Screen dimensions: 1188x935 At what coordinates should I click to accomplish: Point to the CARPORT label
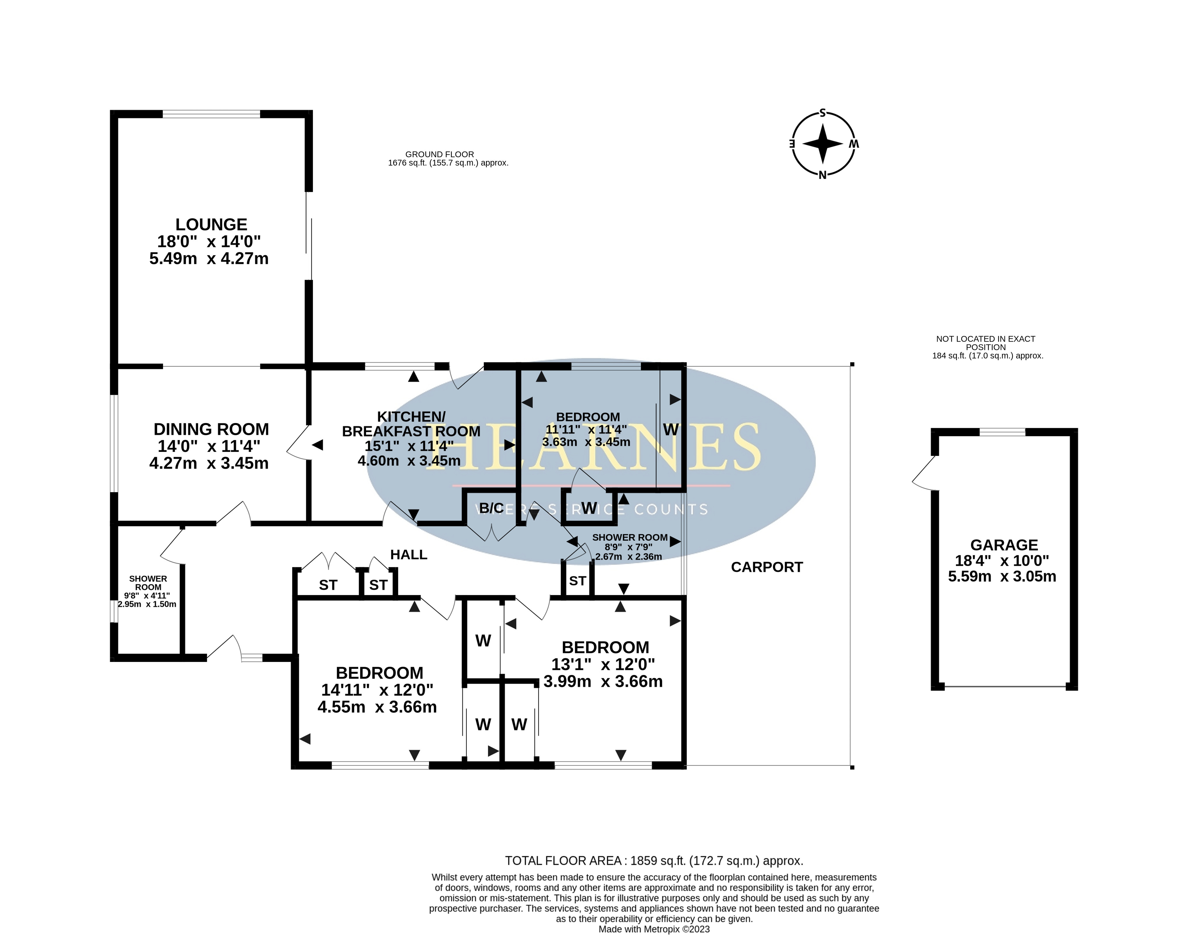pyautogui.click(x=767, y=567)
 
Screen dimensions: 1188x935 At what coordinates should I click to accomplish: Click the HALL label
pyautogui.click(x=409, y=555)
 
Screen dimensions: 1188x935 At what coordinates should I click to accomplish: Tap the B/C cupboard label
pyautogui.click(x=491, y=508)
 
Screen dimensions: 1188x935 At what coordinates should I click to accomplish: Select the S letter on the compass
pyautogui.click(x=822, y=113)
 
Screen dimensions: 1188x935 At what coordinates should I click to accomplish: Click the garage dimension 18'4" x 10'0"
pyautogui.click(x=1002, y=561)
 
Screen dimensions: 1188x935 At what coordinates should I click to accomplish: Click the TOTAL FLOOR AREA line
pyautogui.click(x=654, y=861)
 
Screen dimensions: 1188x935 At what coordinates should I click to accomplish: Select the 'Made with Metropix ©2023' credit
pyautogui.click(x=654, y=929)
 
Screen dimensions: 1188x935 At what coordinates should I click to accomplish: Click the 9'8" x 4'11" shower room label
pyautogui.click(x=147, y=596)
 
